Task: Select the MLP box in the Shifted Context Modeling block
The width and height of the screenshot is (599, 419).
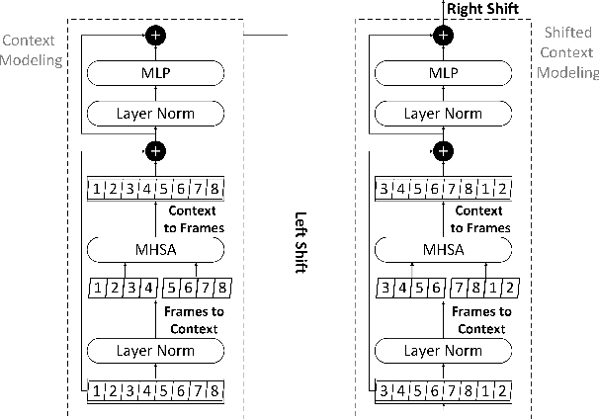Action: (x=444, y=74)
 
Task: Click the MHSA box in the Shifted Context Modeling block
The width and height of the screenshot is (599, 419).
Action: (x=444, y=249)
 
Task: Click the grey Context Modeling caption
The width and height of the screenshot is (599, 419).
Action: (x=31, y=50)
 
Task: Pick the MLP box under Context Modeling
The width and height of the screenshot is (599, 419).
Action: (x=154, y=74)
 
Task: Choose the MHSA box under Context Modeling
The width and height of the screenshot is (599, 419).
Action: (x=154, y=249)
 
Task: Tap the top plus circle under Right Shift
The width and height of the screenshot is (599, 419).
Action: (x=444, y=36)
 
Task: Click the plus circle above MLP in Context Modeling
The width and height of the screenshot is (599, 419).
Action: (x=154, y=36)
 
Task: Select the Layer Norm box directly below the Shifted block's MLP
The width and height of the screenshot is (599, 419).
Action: (x=444, y=114)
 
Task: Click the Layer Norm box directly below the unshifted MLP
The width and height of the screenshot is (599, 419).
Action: (x=154, y=114)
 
